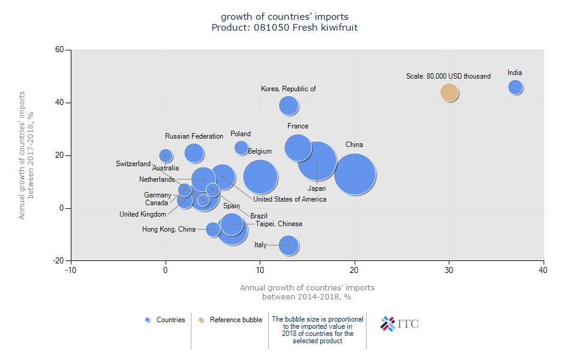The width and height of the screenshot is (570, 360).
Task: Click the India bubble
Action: click(x=515, y=87)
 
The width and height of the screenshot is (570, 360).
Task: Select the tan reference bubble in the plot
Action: click(x=449, y=92)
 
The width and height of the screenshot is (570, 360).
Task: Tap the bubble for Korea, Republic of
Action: click(x=289, y=106)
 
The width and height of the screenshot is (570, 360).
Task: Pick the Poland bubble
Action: click(x=241, y=148)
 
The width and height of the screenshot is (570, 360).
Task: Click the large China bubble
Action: click(x=355, y=174)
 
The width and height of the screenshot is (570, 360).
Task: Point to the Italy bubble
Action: click(x=289, y=245)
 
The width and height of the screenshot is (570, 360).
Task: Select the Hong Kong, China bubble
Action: click(x=213, y=229)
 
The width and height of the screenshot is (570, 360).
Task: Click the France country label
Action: click(x=298, y=126)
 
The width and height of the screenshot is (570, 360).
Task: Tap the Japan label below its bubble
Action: click(x=317, y=188)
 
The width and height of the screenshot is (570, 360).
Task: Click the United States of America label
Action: click(x=290, y=199)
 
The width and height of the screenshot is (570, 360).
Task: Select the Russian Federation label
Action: click(x=194, y=136)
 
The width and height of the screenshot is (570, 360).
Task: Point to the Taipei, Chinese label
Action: click(x=279, y=224)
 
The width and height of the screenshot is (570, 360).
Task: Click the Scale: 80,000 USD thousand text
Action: click(x=448, y=76)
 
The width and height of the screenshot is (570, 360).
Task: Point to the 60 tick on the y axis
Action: click(x=60, y=50)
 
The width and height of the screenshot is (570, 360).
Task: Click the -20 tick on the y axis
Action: click(x=59, y=261)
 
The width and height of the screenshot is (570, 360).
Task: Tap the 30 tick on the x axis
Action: click(x=449, y=271)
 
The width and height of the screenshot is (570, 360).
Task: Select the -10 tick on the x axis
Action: click(x=71, y=271)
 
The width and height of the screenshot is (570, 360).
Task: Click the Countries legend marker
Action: click(x=148, y=320)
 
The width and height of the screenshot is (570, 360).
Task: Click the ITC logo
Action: click(x=400, y=324)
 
